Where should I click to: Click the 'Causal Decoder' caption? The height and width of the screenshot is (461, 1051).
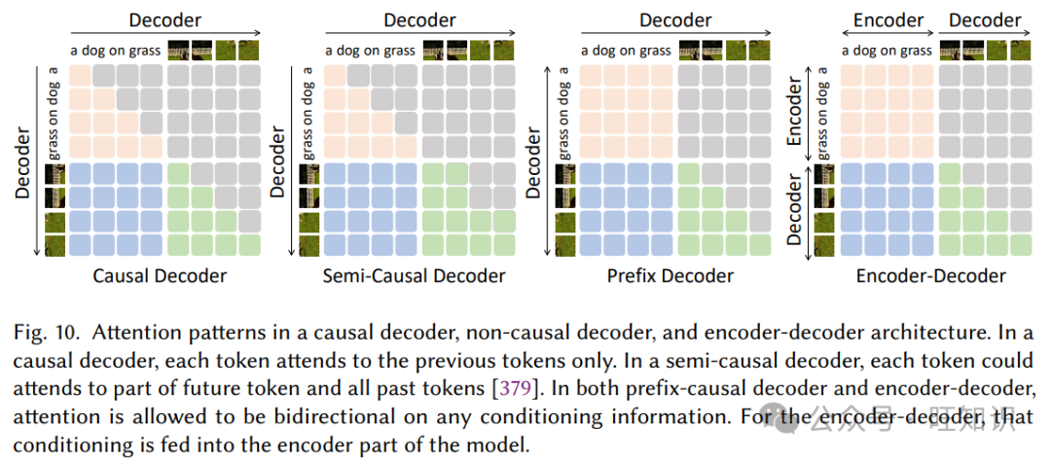[160, 275]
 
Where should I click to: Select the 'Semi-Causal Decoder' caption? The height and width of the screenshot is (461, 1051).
[415, 275]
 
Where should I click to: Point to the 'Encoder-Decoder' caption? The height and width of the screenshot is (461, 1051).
[931, 275]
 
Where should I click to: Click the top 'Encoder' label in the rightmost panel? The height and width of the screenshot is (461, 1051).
[888, 20]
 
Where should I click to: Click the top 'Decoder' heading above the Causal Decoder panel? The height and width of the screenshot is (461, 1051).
[164, 20]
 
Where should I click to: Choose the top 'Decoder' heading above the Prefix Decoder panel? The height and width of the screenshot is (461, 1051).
[675, 20]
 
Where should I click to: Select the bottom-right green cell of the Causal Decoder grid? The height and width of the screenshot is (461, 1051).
[248, 243]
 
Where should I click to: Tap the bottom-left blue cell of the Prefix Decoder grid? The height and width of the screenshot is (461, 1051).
[593, 243]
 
